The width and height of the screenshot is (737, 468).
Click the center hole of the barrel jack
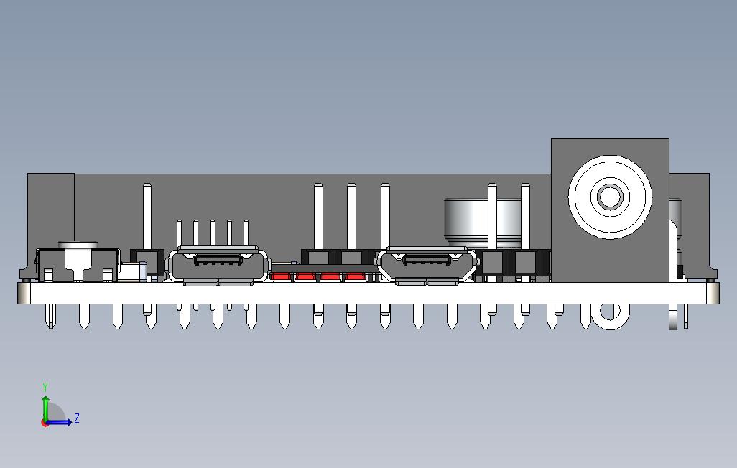(610, 196)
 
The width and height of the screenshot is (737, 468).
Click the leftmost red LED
(282, 276)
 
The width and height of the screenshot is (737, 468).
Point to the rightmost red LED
(355, 276)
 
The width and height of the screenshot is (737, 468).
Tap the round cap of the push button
(78, 245)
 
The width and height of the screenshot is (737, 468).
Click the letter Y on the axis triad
(45, 388)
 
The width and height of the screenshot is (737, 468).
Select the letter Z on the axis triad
(77, 418)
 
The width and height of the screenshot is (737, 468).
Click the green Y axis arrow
(45, 407)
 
